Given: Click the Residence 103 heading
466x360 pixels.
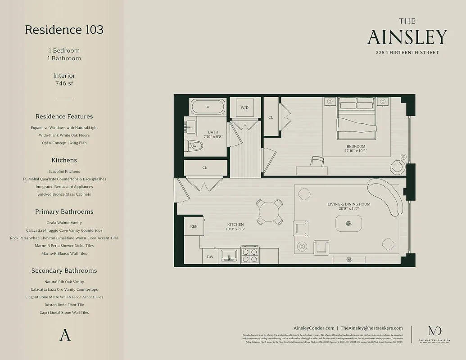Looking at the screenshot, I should pyautogui.click(x=64, y=30).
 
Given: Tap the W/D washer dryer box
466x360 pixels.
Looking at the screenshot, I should pyautogui.click(x=244, y=108).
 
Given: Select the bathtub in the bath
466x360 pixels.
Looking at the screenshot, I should pyautogui.click(x=208, y=107).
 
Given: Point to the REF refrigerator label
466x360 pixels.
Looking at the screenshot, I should pyautogui.click(x=194, y=226).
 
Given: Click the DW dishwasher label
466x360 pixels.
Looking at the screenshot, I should pyautogui.click(x=210, y=256).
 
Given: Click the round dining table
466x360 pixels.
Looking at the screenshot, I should pyautogui.click(x=270, y=211).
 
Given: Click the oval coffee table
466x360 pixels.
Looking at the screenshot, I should pyautogui.click(x=348, y=223).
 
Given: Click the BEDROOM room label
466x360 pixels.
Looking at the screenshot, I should pyautogui.click(x=356, y=147).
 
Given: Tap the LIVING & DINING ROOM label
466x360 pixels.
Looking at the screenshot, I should pyautogui.click(x=348, y=204).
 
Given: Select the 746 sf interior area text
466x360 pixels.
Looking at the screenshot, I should pyautogui.click(x=64, y=83).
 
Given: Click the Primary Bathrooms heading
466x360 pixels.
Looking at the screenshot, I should pyautogui.click(x=64, y=211).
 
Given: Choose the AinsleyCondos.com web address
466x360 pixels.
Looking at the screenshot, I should pyautogui.click(x=314, y=328).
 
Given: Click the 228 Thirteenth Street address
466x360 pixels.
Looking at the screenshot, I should pyautogui.click(x=407, y=53).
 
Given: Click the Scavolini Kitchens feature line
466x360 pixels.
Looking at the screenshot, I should pyautogui.click(x=64, y=171).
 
